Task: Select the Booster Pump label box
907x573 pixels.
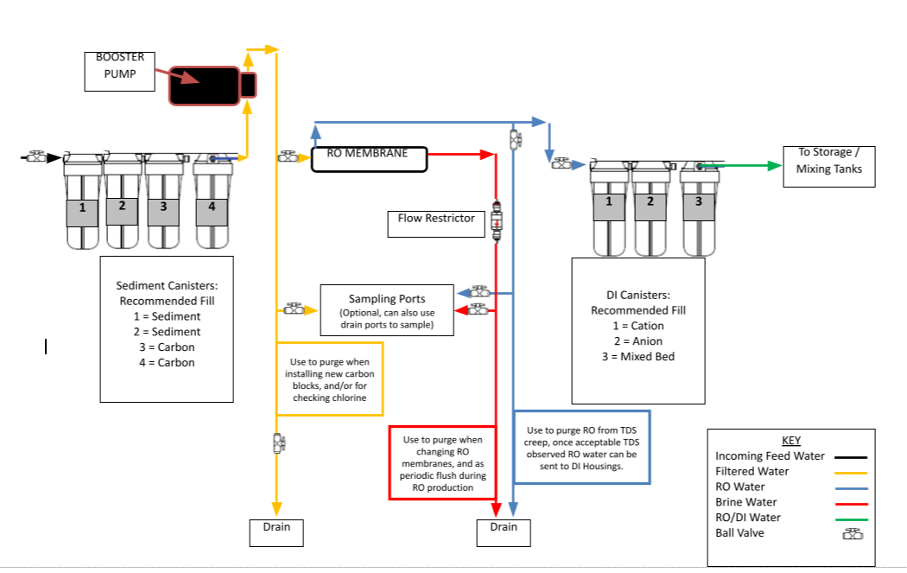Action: tap(120, 71)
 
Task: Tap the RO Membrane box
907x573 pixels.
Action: tap(369, 159)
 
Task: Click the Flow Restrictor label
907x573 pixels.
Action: tap(436, 224)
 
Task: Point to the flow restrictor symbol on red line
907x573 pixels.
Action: tap(497, 220)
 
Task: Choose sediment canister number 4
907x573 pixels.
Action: tap(212, 201)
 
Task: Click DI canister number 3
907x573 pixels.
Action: tap(699, 207)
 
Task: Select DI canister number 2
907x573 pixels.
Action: tap(650, 207)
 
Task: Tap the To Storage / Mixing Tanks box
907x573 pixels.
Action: tap(829, 167)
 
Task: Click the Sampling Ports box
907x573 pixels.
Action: tap(387, 310)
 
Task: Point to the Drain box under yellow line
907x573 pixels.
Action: tap(276, 532)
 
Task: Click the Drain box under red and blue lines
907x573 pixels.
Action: tap(504, 532)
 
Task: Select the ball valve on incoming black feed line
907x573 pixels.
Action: tap(36, 156)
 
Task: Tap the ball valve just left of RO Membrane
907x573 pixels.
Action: tap(288, 156)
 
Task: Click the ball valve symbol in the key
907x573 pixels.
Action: tap(853, 533)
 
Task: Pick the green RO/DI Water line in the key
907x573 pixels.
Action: tap(851, 519)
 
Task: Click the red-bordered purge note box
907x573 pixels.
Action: tap(442, 462)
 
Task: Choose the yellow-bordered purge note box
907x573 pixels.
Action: tap(330, 379)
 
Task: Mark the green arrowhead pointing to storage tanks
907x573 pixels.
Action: tap(775, 166)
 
